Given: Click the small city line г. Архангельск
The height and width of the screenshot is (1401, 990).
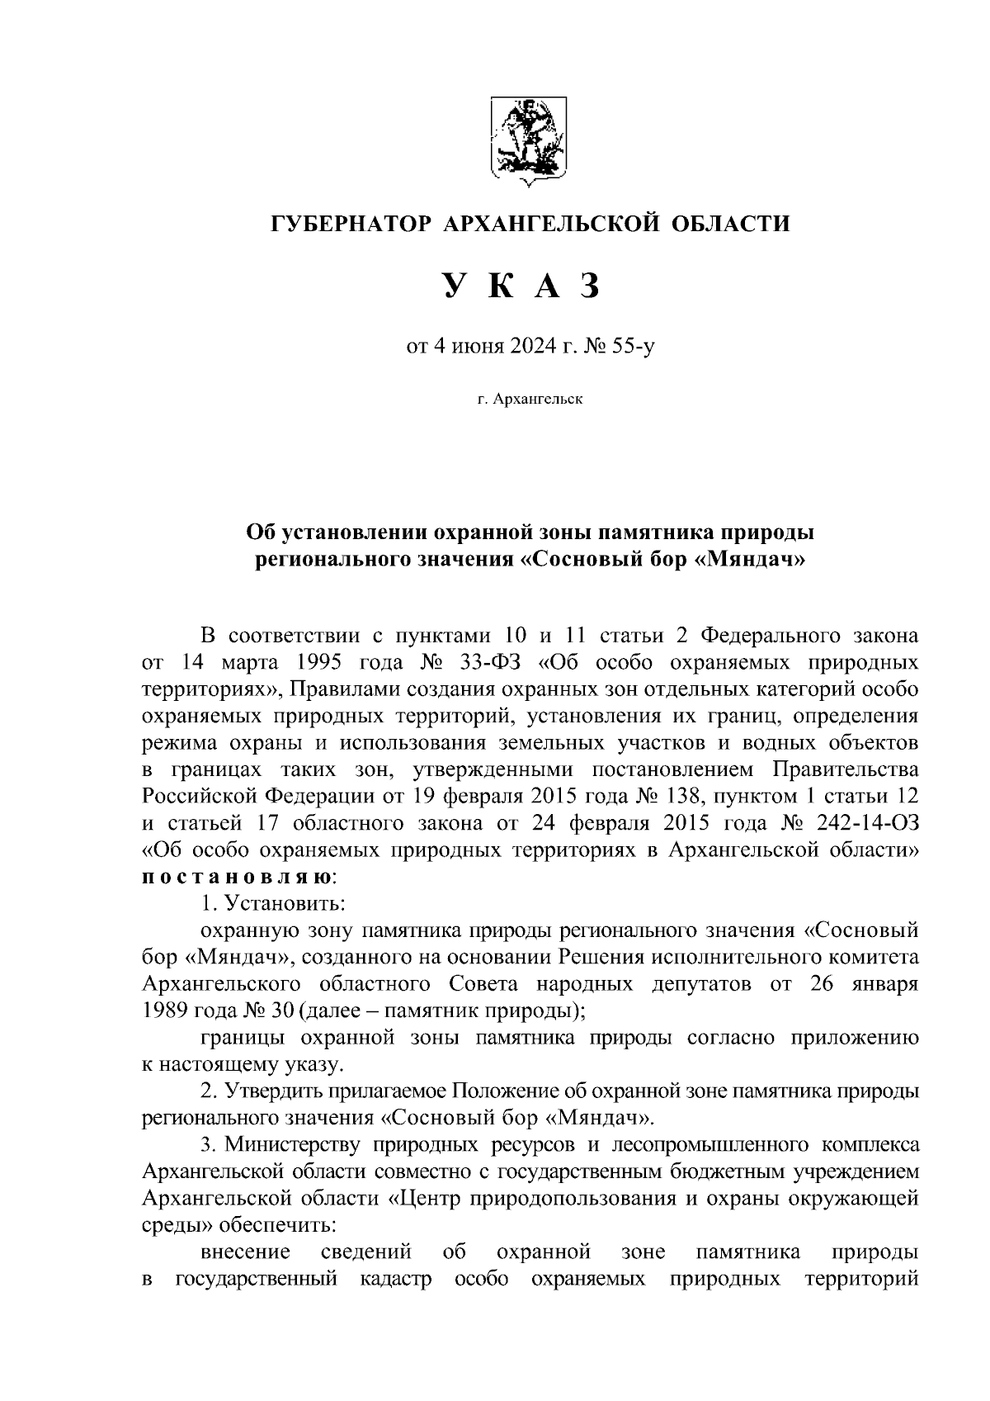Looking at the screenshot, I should [530, 400].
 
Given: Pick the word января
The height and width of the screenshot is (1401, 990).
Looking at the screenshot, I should [883, 983].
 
